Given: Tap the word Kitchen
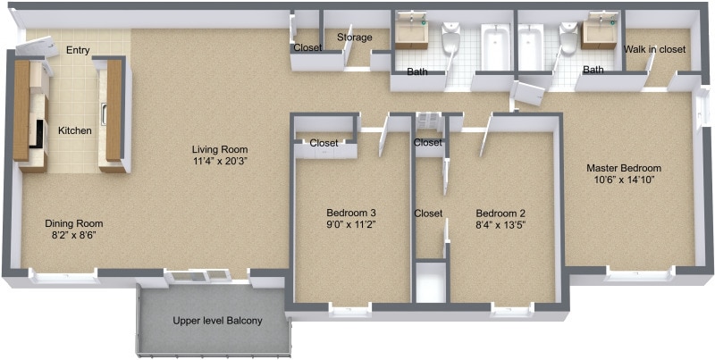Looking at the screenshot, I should click(x=75, y=131).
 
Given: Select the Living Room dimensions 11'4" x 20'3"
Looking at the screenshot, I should click(x=220, y=162).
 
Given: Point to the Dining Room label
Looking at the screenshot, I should click(x=74, y=223).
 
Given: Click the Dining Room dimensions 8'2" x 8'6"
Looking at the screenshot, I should click(x=74, y=236).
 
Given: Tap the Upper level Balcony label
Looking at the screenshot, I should click(x=217, y=321).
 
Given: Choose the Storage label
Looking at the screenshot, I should click(x=354, y=38).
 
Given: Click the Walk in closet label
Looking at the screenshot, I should click(x=654, y=50).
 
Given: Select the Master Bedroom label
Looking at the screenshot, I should click(x=623, y=168).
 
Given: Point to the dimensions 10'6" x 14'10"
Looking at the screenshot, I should click(x=623, y=180).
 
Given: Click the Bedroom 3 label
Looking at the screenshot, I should click(x=350, y=213).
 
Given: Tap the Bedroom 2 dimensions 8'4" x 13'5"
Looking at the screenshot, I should click(x=500, y=225).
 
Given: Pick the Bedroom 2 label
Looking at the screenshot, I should click(x=500, y=213).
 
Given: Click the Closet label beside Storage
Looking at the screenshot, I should click(x=307, y=47).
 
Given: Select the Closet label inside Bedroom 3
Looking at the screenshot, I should click(x=324, y=142).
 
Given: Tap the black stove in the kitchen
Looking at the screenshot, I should click(x=37, y=135).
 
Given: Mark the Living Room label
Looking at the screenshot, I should click(x=220, y=149).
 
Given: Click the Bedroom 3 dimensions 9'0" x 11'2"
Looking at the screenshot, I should click(x=350, y=225).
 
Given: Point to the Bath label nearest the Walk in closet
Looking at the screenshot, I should click(x=593, y=70).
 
